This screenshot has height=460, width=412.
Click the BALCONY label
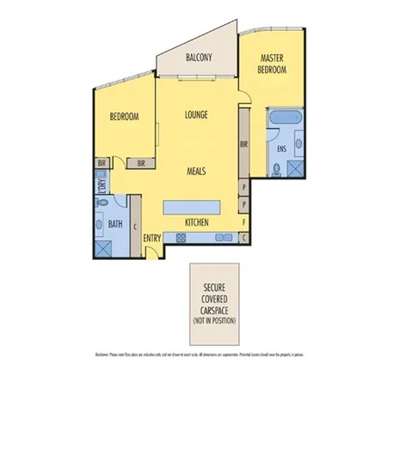pyautogui.click(x=200, y=57)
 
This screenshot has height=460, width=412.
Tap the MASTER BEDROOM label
pyautogui.click(x=273, y=64)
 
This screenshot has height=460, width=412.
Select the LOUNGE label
pyautogui.click(x=197, y=114)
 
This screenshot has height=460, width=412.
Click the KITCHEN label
pyautogui.click(x=197, y=223)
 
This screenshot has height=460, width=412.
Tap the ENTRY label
pyautogui.click(x=152, y=239)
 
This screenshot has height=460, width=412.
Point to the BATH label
pyautogui.click(x=114, y=224)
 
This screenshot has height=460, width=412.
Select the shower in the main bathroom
pyautogui.click(x=103, y=248)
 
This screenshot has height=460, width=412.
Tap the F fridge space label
pyautogui.click(x=244, y=221)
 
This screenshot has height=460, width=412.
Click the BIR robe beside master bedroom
pyautogui.click(x=244, y=145)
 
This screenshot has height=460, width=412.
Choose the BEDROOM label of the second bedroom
pyautogui.click(x=124, y=117)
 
